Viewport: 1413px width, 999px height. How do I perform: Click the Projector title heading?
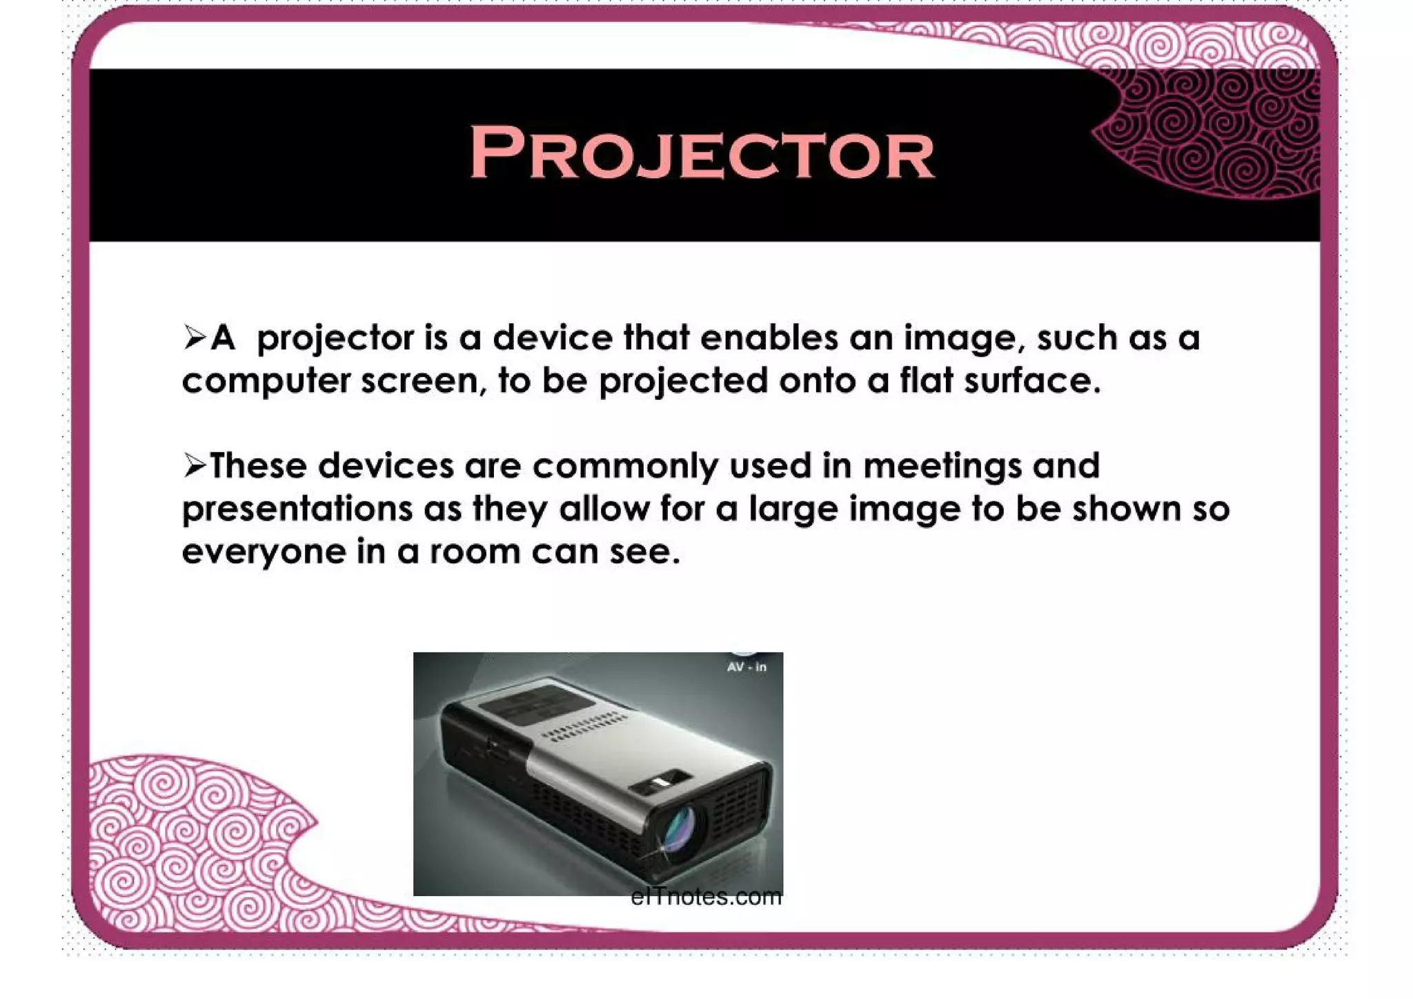coord(701,153)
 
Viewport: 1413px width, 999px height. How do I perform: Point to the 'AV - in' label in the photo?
coord(746,667)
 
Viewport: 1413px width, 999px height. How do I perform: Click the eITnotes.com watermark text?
coord(706,897)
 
